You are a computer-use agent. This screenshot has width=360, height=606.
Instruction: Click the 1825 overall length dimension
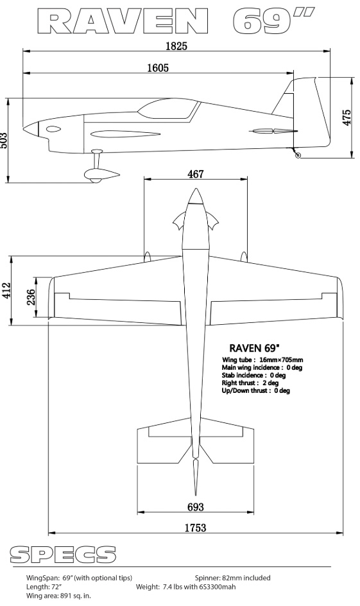tap(176, 46)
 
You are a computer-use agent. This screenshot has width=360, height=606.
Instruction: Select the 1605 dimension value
tap(158, 67)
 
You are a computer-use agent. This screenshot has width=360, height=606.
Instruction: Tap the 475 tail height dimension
tap(347, 117)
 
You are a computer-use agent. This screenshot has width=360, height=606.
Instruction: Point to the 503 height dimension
tap(3, 141)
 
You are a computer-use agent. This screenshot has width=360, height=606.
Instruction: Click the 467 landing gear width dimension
tap(196, 174)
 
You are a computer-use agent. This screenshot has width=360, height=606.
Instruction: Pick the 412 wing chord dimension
tap(6, 291)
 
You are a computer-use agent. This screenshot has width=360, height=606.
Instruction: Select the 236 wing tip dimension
tap(31, 297)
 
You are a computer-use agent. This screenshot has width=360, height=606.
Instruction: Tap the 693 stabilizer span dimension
tap(196, 506)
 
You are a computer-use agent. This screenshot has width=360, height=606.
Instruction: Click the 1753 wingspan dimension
tap(196, 528)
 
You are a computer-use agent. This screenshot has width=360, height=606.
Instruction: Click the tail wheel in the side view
tap(298, 155)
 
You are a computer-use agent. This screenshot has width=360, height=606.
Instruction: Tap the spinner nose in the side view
tap(31, 128)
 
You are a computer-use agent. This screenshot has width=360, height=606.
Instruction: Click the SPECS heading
tap(63, 555)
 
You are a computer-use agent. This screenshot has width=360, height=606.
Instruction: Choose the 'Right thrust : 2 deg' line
tap(250, 383)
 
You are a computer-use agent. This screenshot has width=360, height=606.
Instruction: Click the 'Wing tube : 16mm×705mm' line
tap(262, 359)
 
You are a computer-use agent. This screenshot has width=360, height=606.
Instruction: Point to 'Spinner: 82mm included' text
tap(232, 578)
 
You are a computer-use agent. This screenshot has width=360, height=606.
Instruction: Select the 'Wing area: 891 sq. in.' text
tap(58, 596)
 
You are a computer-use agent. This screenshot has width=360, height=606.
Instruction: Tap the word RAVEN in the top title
tap(123, 22)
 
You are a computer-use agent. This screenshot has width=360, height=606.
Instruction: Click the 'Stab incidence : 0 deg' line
tap(253, 375)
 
